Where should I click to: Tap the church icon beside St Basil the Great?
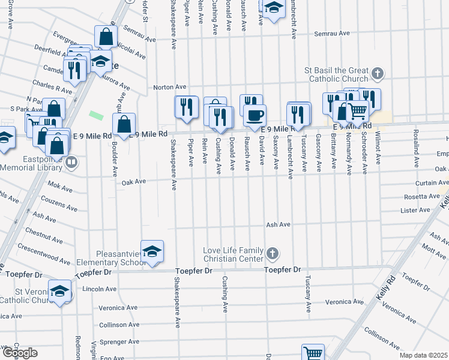click(x=377, y=74)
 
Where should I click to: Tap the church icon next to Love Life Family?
click(x=272, y=253)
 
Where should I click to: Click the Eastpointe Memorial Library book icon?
click(x=71, y=161)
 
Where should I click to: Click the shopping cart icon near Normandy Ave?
click(x=358, y=110)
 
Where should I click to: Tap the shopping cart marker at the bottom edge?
click(x=313, y=353)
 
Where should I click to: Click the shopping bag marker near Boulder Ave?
click(x=124, y=124)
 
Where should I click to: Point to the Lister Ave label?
click(x=416, y=211)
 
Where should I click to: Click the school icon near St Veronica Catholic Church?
click(x=60, y=292)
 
